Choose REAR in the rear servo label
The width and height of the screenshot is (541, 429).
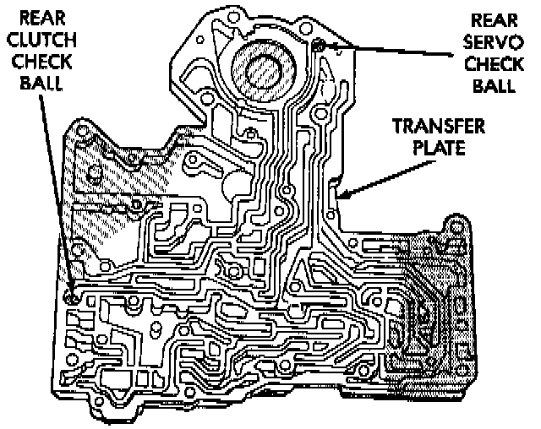pos(495,18)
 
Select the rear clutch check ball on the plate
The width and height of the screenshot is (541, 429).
pos(72,296)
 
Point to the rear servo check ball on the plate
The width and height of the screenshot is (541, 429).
pos(319,46)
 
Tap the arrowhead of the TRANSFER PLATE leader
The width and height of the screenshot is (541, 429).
pos(342,196)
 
